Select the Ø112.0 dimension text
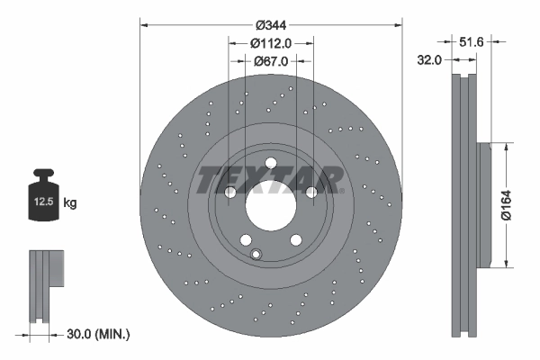[271, 43]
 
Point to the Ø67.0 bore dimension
[270, 61]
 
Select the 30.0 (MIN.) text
[99, 334]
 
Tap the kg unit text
[71, 203]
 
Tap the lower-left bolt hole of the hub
[245, 239]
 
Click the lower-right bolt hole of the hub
[295, 239]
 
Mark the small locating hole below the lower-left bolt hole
[256, 254]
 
